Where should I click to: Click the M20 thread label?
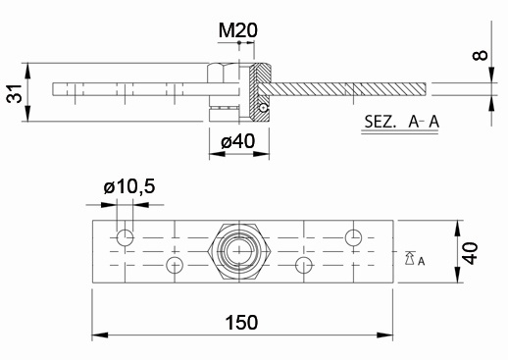[238, 30]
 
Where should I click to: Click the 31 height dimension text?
[15, 93]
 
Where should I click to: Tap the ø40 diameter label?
[237, 141]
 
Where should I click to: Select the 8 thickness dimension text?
[480, 55]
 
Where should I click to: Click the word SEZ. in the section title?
[380, 122]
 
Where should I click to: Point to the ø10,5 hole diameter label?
[129, 187]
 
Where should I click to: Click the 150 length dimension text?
[241, 323]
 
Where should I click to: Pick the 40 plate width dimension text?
[471, 253]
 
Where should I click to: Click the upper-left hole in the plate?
[126, 237]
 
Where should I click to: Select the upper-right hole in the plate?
[353, 237]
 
